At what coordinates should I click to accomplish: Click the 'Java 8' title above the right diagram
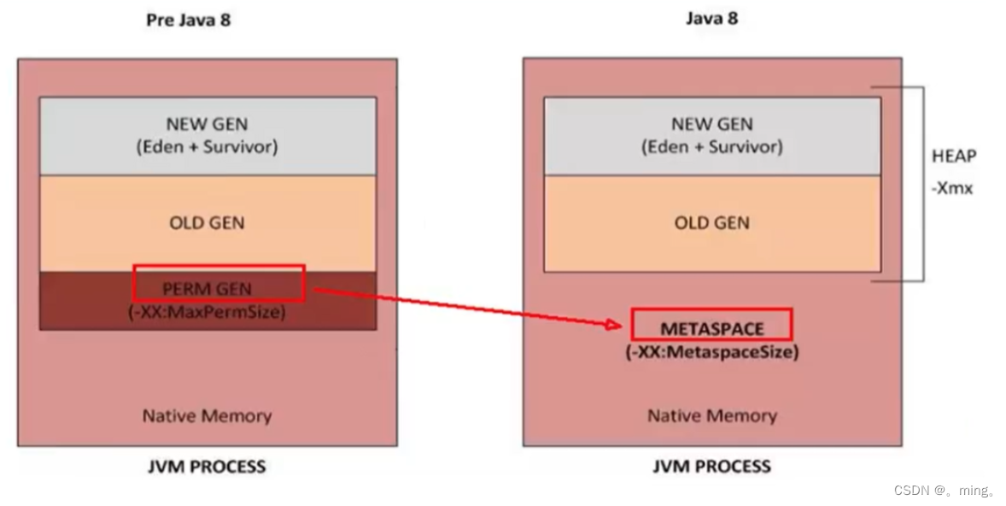[711, 18]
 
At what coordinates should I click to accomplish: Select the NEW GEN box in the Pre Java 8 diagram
[208, 135]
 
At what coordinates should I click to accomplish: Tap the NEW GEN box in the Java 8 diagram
[711, 135]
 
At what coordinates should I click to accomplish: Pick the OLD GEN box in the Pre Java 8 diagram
[208, 223]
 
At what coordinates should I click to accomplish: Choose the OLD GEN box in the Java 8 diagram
[711, 223]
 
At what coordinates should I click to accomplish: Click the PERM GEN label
[208, 289]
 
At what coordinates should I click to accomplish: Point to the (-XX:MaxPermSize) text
[208, 312]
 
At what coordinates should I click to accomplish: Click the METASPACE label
[711, 328]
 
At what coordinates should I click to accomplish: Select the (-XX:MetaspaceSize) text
[711, 351]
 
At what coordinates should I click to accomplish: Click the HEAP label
[954, 156]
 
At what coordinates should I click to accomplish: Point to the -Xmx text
[952, 188]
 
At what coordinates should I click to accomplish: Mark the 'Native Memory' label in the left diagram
[208, 416]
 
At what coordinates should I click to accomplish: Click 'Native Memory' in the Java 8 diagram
[711, 416]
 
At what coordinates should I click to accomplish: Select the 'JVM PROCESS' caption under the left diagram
[208, 467]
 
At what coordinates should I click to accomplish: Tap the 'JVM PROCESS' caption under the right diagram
[711, 467]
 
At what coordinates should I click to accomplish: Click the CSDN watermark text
[945, 491]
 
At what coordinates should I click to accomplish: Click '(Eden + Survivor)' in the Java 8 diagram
[711, 147]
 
